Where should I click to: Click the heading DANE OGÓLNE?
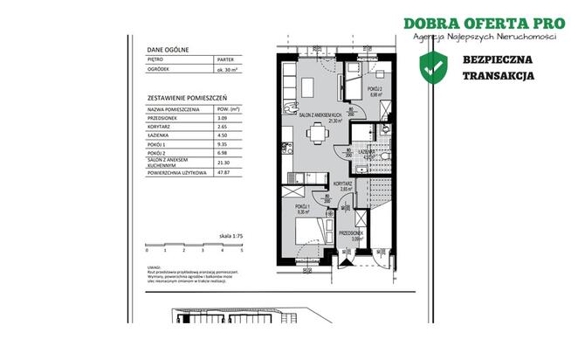point(166,52)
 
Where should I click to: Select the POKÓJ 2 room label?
point(374,89)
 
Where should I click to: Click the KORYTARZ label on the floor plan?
point(342,183)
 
